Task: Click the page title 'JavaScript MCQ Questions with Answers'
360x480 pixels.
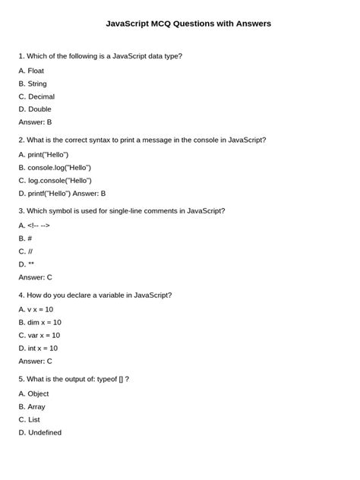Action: [x=188, y=24]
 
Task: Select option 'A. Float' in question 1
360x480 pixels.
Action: [x=31, y=71]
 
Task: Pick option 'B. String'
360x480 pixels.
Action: [x=33, y=84]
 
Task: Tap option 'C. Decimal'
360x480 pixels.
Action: [x=36, y=96]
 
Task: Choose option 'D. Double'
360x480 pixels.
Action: [x=35, y=109]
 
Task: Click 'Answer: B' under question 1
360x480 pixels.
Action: [x=35, y=122]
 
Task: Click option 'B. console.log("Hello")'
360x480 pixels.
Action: [x=55, y=167]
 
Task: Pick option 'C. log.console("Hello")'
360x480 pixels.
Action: [x=55, y=180]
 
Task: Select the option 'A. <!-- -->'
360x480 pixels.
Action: [x=34, y=226]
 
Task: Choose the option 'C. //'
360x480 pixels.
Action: [x=26, y=251]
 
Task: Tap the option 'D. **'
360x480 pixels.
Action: [x=27, y=264]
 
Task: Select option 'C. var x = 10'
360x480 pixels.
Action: [x=39, y=335]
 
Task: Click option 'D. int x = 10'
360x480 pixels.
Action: [x=38, y=348]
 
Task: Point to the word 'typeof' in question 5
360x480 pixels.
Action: [x=106, y=378]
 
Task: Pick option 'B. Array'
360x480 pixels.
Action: [x=32, y=406]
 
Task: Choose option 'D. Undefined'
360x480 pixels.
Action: [x=40, y=432]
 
